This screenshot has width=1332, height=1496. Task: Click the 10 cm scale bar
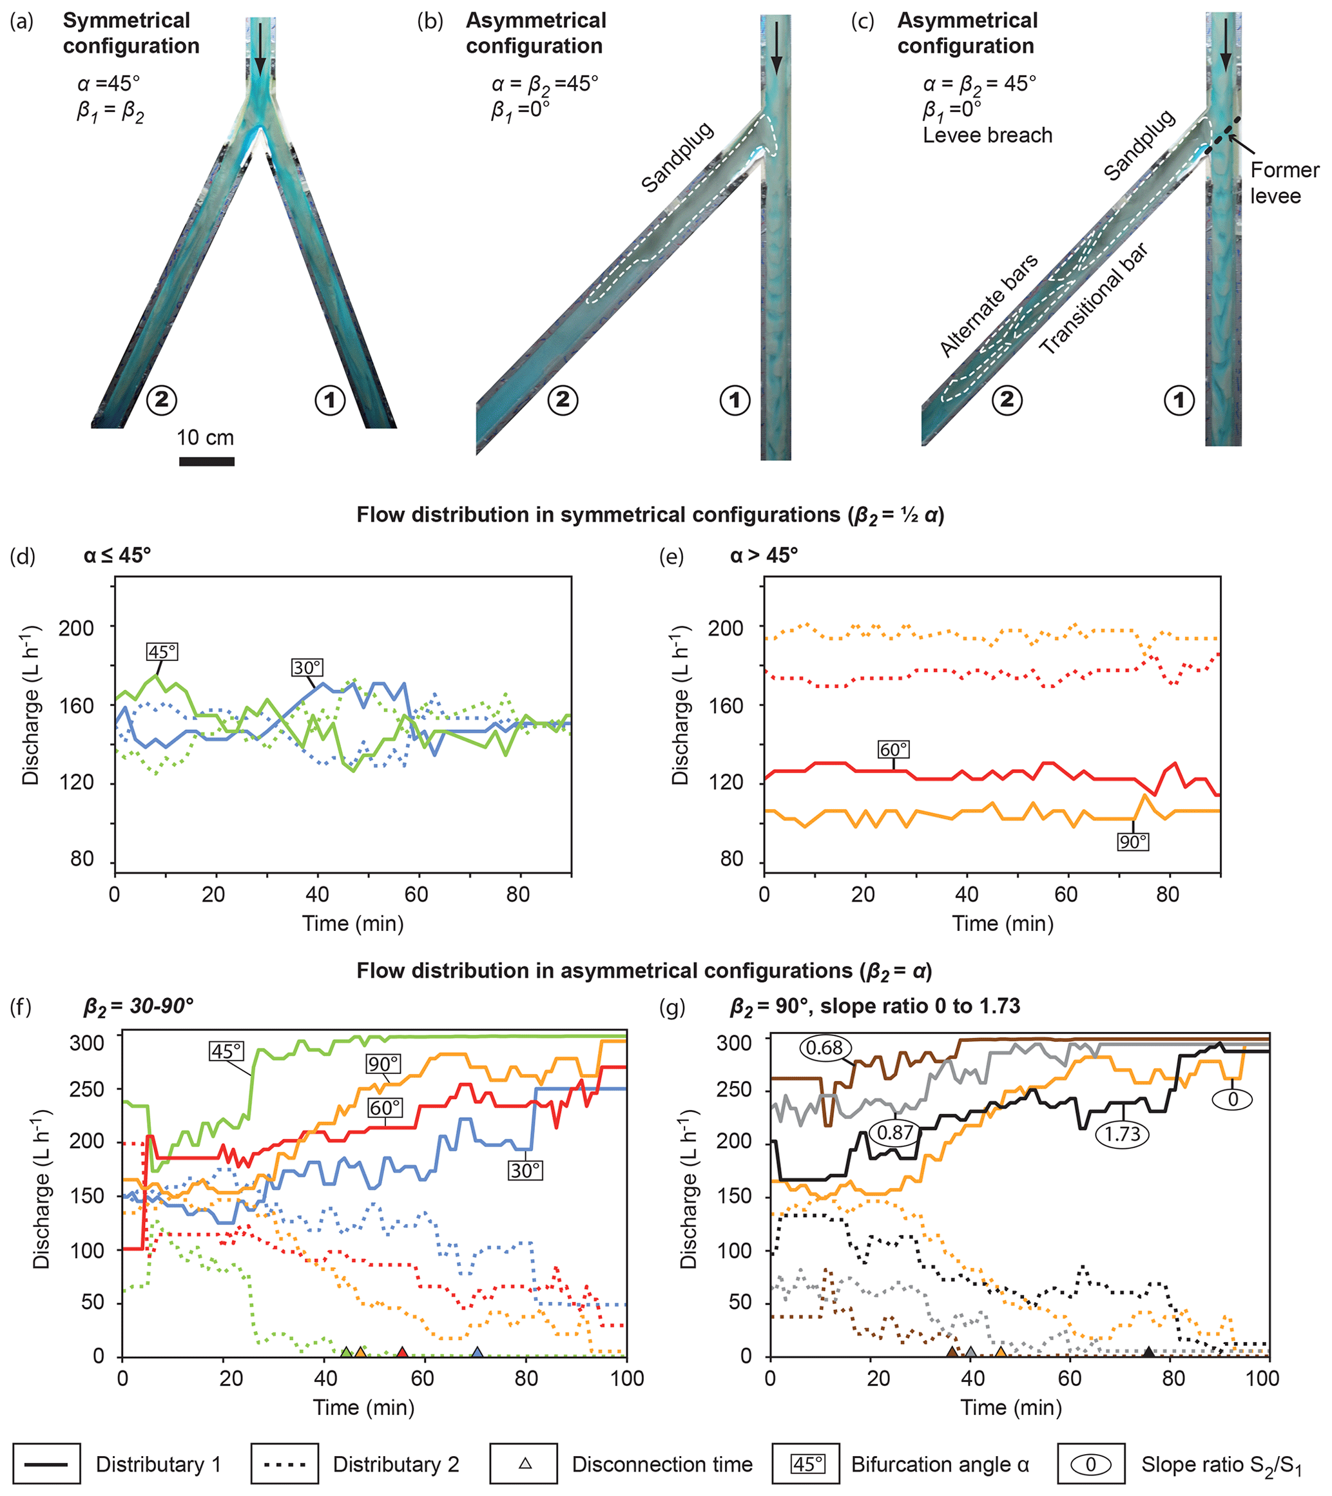pos(206,461)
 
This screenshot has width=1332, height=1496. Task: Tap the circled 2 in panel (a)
pos(161,399)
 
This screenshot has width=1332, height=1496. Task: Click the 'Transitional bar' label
pos(1094,298)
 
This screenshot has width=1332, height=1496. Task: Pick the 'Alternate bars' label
pos(989,305)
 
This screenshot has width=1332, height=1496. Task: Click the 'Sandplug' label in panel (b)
pos(677,157)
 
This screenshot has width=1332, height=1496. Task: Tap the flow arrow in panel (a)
pos(260,49)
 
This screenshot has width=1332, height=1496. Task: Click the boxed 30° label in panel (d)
pos(307,667)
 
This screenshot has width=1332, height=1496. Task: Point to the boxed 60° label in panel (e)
pos(894,749)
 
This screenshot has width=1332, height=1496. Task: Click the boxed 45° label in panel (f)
pos(226,1051)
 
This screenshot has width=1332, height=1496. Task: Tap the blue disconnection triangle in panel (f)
pos(477,1352)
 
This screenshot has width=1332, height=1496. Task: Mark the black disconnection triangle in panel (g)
pos(1148,1352)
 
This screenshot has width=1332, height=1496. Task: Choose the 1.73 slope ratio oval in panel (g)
pos(1122,1135)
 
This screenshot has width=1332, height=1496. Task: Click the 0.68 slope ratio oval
pos(825,1048)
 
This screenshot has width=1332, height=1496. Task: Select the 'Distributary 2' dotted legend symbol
pos(284,1464)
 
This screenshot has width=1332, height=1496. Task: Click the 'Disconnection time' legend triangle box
pos(524,1464)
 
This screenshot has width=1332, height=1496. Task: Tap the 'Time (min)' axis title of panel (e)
pos(1003,924)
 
